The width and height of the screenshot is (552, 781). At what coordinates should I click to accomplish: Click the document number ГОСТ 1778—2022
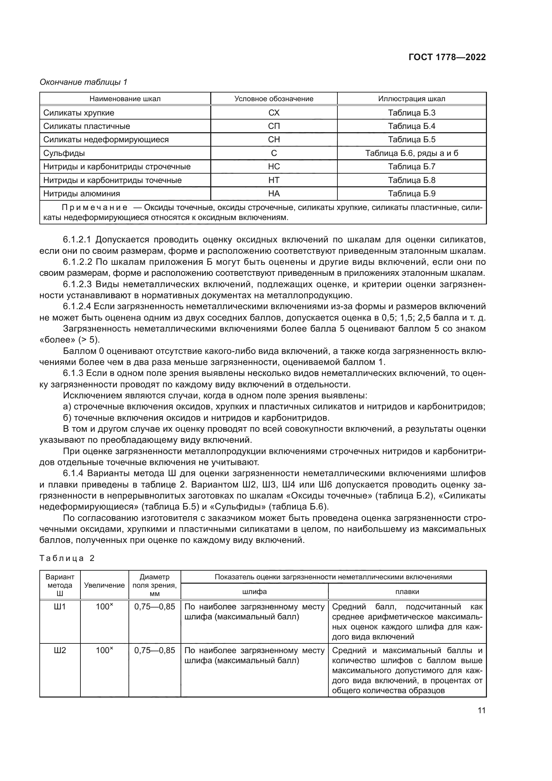click(x=447, y=57)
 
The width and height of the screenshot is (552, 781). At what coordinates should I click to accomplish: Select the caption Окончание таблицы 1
click(x=83, y=82)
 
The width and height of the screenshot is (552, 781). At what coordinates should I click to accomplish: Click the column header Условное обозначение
click(x=274, y=99)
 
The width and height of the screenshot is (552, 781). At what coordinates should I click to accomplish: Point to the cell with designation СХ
click(x=274, y=113)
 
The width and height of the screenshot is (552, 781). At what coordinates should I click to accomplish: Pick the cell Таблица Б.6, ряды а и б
click(x=411, y=153)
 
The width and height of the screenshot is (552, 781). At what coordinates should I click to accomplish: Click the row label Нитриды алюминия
click(x=81, y=194)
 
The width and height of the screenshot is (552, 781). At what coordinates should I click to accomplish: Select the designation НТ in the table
click(x=274, y=180)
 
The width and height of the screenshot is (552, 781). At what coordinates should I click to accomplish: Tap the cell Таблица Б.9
click(x=411, y=194)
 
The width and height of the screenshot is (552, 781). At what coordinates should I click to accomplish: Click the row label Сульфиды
click(x=64, y=153)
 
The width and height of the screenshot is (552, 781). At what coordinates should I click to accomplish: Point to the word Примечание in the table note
click(x=94, y=207)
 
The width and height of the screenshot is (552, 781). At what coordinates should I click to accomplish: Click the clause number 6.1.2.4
click(x=77, y=307)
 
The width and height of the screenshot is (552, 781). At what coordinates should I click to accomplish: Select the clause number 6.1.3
click(x=73, y=373)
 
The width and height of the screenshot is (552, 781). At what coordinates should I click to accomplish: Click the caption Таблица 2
click(x=67, y=558)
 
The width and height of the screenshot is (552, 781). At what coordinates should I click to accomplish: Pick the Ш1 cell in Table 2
click(x=60, y=606)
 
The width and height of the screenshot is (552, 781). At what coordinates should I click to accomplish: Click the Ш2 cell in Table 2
click(x=60, y=650)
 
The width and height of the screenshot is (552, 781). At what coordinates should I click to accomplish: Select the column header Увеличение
click(x=104, y=585)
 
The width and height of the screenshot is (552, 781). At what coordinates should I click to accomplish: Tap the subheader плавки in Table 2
click(x=407, y=592)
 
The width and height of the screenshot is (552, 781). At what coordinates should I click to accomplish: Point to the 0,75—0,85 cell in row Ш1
click(x=155, y=606)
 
